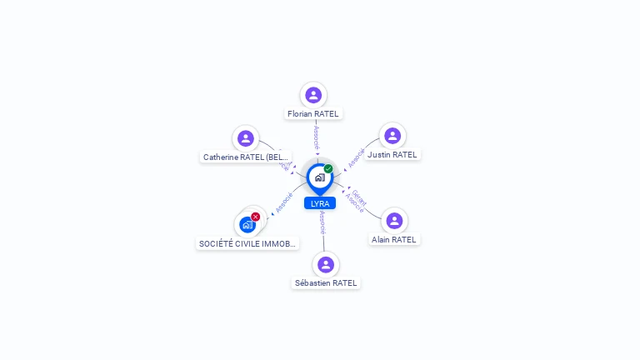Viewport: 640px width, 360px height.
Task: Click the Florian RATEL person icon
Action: [x=313, y=95]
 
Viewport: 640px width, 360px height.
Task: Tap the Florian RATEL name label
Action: [x=313, y=113]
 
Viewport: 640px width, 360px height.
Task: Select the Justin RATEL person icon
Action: [x=392, y=136]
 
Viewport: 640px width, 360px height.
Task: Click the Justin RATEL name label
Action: [x=392, y=154]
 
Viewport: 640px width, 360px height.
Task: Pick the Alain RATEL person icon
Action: [x=394, y=221]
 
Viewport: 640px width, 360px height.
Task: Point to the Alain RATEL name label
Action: [x=394, y=239]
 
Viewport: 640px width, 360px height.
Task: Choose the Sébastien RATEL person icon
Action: [x=326, y=264]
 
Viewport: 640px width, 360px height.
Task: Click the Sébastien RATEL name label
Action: [x=326, y=282]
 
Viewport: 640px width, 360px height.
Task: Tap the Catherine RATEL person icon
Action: [x=245, y=138]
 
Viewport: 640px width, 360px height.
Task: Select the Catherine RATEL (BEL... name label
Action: [x=246, y=157]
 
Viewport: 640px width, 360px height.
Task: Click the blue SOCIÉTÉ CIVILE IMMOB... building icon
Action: [x=247, y=224]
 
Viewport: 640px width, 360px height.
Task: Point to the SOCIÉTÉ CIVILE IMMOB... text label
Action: [x=247, y=243]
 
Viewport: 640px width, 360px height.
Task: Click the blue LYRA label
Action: [x=320, y=203]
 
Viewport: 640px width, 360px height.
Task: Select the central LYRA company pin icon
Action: [x=319, y=177]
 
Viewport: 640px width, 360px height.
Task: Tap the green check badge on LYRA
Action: [x=328, y=169]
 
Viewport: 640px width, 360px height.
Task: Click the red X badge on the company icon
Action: [x=256, y=217]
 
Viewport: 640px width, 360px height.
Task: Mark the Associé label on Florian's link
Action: [x=316, y=137]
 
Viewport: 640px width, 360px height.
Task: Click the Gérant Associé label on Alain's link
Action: [x=356, y=200]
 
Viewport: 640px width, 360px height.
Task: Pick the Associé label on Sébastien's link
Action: [x=322, y=222]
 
